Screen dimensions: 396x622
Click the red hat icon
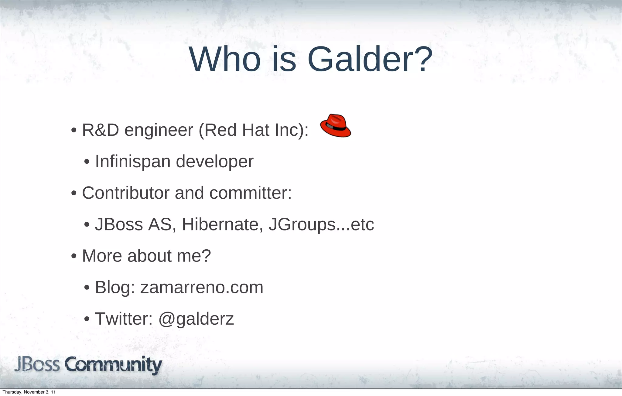pyautogui.click(x=335, y=126)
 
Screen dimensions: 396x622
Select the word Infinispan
pyautogui.click(x=133, y=161)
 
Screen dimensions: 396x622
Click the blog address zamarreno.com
pyautogui.click(x=202, y=287)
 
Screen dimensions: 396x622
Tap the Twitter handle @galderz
pyautogui.click(x=196, y=319)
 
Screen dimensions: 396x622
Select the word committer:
pyautogui.click(x=250, y=193)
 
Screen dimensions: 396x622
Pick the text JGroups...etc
pyautogui.click(x=321, y=225)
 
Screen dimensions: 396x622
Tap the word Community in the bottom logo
pyautogui.click(x=113, y=365)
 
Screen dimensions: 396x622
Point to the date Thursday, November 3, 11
pyautogui.click(x=29, y=392)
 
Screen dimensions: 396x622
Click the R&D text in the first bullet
pyautogui.click(x=101, y=130)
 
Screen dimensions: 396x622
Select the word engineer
pyautogui.click(x=159, y=131)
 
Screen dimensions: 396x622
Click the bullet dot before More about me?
pyautogui.click(x=73, y=256)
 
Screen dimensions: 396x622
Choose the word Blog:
pyautogui.click(x=115, y=287)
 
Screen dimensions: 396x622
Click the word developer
pyautogui.click(x=214, y=162)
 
